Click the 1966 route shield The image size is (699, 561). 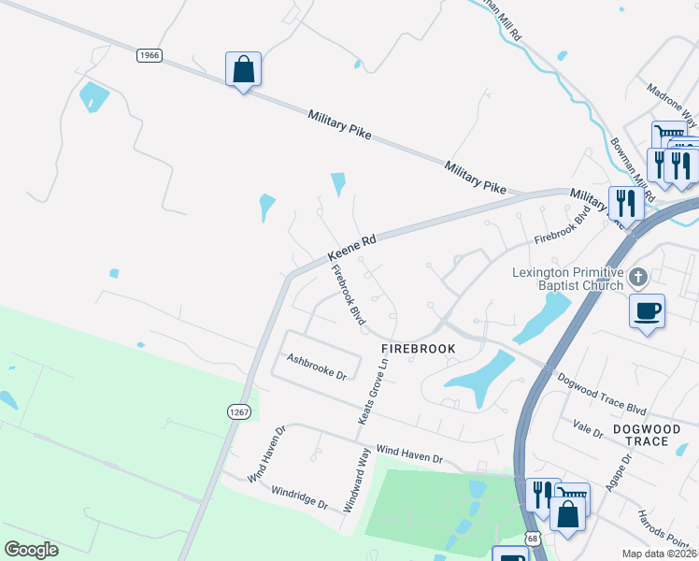[150, 56]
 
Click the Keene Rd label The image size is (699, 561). [351, 248]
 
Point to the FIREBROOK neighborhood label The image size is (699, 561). [419, 349]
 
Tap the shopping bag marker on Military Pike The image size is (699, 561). [243, 69]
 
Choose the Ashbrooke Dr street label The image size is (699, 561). [316, 365]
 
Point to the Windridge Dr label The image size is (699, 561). [299, 496]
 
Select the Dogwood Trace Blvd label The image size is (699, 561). [602, 395]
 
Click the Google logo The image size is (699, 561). [32, 550]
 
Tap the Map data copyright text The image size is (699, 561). [660, 554]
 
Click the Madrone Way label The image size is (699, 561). [672, 104]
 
